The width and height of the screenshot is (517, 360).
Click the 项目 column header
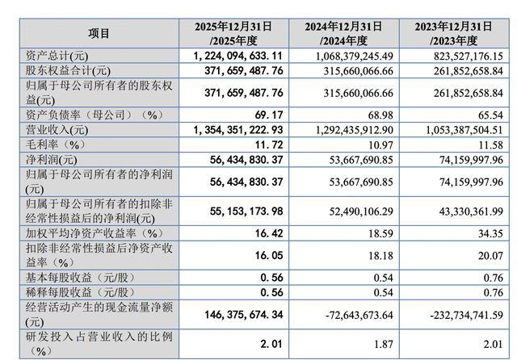[99, 33]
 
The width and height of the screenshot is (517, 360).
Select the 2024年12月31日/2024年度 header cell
[343, 33]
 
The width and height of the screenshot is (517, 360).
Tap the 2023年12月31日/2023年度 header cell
[454, 33]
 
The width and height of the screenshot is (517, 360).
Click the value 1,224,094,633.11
[238, 56]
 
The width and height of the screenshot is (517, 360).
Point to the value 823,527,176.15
[469, 56]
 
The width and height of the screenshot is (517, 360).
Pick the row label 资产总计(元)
[57, 56]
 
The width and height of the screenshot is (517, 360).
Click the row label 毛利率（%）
[56, 144]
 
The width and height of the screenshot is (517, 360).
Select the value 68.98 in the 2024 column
[380, 115]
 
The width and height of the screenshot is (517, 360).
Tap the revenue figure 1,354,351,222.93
[238, 130]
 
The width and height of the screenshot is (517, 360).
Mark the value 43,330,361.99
[471, 211]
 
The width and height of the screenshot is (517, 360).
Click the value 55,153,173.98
[246, 211]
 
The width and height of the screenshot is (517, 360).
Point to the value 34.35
[490, 233]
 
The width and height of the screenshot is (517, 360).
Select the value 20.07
[490, 256]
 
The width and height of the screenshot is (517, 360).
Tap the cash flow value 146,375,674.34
[244, 315]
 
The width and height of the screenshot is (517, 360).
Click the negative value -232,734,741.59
[467, 315]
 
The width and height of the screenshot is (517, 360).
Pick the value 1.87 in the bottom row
[384, 344]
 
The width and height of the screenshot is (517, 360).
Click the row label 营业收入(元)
[57, 130]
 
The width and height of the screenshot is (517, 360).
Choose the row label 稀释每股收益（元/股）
[81, 292]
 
